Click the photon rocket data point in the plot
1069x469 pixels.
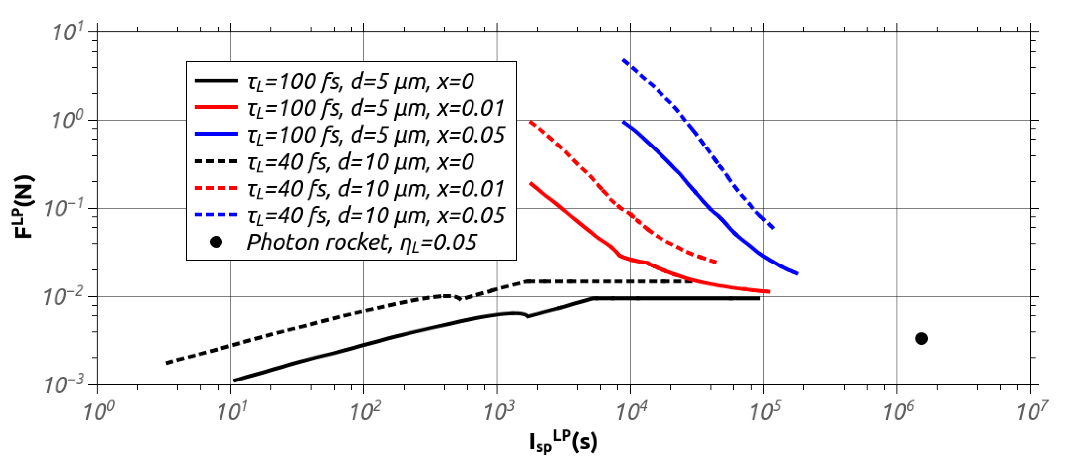921,339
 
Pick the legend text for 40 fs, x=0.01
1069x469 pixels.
376,188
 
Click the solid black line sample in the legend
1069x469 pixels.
216,81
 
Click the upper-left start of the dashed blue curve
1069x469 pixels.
624,61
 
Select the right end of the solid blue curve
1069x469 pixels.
797,273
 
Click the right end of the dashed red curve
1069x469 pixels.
716,262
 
